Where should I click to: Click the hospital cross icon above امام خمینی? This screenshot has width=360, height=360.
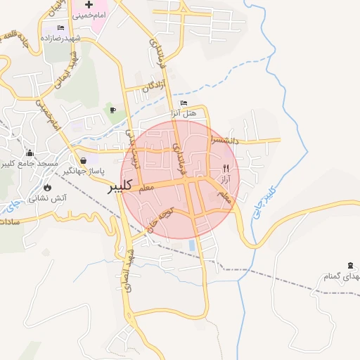coord(89,5)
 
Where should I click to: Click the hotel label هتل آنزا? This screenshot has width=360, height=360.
coord(184,113)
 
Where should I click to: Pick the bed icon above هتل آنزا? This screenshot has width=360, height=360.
coord(184,103)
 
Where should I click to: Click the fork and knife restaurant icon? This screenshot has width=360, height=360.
coord(226,169)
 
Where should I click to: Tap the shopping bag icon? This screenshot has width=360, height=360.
coord(84,160)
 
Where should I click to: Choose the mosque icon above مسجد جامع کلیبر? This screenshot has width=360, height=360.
coord(30,153)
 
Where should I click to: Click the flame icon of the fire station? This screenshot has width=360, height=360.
coord(46,187)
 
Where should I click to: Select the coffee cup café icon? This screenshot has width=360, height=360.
coord(112,110)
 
